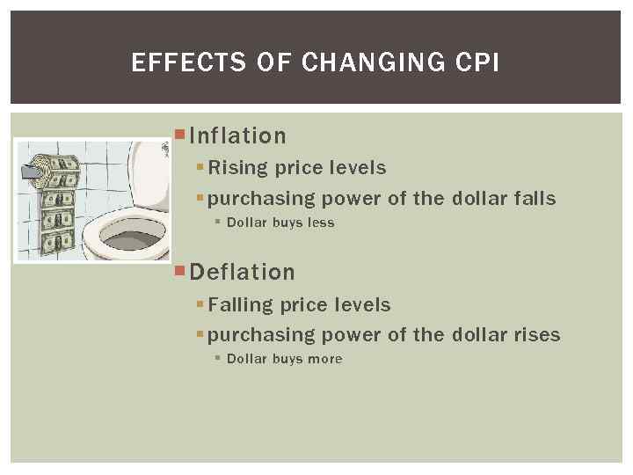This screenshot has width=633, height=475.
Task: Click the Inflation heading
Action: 237,135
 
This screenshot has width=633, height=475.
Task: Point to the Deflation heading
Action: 242,272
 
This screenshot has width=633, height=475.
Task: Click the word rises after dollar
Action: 537,334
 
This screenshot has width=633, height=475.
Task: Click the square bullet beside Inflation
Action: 179,134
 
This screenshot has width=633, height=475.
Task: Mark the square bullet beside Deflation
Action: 179,270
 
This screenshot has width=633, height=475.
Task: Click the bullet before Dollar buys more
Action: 218,358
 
